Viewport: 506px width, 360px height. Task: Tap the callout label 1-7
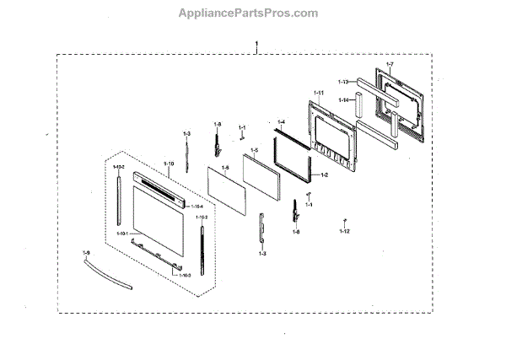[390, 65]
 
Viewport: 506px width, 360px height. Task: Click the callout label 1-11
[319, 92]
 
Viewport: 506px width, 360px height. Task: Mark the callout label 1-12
[345, 230]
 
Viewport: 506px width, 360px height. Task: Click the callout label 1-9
[86, 252]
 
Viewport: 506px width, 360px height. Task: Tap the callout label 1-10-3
[186, 276]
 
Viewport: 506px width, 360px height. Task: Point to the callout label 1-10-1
[122, 233]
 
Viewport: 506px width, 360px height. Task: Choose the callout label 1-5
[254, 149]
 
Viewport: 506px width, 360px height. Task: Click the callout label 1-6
[225, 168]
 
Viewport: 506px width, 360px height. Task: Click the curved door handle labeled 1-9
[107, 275]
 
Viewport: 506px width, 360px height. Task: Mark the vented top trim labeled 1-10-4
[172, 190]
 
